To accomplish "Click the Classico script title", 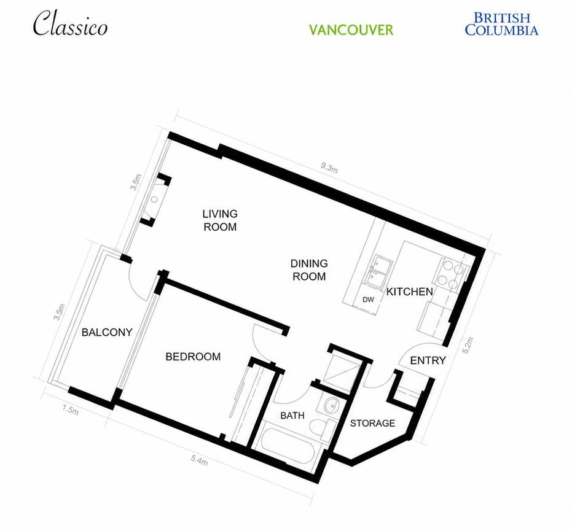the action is [x=71, y=24].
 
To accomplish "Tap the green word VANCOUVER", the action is [x=351, y=30].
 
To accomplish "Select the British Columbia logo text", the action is [x=501, y=24].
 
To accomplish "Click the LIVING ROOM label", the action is [x=220, y=220].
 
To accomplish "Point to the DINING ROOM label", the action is [x=309, y=269].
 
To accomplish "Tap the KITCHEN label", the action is [x=409, y=292].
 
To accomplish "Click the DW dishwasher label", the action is [x=369, y=300].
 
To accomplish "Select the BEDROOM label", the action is [x=193, y=357].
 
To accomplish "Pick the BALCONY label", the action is [x=107, y=332].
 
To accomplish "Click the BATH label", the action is [x=292, y=416].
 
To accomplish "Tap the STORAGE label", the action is [x=372, y=423].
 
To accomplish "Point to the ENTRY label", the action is [x=428, y=360].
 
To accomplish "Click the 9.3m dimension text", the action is [x=329, y=168].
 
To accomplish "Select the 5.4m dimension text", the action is [x=199, y=460].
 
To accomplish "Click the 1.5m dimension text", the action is [x=70, y=410].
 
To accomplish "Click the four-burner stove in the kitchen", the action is [x=451, y=274].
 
